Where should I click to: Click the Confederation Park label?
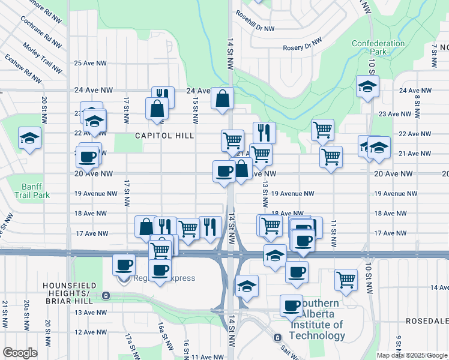(378, 47)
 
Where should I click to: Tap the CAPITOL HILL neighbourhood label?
(164, 136)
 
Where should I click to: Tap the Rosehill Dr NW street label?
(255, 21)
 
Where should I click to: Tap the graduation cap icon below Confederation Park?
(367, 87)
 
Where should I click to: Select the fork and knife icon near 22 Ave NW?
(264, 132)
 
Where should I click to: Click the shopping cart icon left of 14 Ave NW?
(346, 279)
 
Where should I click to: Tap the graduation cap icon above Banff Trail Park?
(29, 138)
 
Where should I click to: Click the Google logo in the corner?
(20, 353)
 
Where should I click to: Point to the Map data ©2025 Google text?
(411, 355)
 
